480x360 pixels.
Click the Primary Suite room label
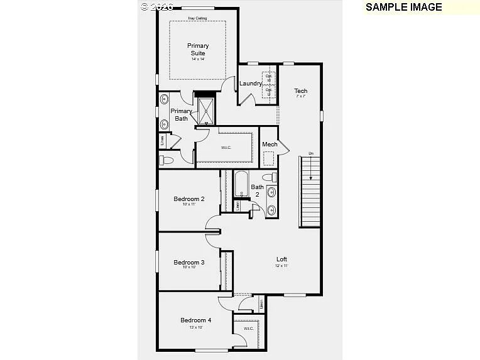click(x=198, y=50)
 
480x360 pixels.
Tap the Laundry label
click(x=251, y=84)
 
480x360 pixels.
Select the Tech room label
click(x=301, y=91)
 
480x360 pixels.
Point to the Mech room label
click(x=270, y=145)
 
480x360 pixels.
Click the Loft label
click(x=282, y=259)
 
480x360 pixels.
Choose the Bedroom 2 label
click(x=189, y=199)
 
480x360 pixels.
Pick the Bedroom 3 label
click(x=189, y=263)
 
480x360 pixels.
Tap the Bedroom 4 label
click(x=196, y=320)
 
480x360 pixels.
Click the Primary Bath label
click(x=182, y=115)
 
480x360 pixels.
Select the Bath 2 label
click(x=258, y=190)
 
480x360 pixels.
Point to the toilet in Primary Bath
click(x=167, y=161)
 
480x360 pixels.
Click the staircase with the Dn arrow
click(x=309, y=192)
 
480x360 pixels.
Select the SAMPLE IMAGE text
click(x=403, y=8)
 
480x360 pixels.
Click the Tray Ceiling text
click(x=197, y=18)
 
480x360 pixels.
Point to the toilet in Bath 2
click(x=269, y=177)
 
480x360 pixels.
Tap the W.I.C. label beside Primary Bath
click(x=226, y=148)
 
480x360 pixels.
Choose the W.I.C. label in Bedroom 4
click(x=248, y=328)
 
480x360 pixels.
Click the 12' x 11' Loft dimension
click(x=281, y=266)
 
